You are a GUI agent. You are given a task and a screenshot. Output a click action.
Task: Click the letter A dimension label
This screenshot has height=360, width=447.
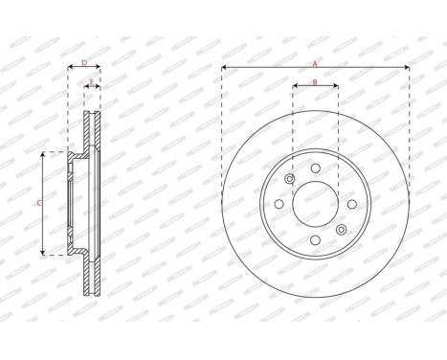point(315,62)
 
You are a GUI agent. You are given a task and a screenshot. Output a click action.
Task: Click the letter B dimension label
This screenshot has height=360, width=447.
point(315,82)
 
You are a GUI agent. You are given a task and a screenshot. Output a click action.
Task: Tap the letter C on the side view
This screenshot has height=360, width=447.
point(38,203)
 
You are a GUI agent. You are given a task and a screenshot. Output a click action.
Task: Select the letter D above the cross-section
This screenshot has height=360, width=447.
point(84,63)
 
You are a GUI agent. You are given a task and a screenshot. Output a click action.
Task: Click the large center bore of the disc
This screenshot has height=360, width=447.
point(315,203)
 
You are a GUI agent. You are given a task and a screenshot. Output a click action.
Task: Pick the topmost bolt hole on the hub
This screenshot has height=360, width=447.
point(315,169)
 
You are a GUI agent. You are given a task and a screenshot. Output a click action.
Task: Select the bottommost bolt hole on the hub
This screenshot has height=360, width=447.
point(315,238)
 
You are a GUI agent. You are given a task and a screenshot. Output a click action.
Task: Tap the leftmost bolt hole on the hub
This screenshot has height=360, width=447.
point(279,204)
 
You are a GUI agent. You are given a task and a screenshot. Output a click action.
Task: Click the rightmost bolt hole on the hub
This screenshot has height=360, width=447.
point(350,204)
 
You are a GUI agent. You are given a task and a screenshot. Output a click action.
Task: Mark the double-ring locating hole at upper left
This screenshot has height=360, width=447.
point(290,179)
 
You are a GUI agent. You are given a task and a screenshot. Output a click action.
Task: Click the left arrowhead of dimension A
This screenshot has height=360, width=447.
point(224,68)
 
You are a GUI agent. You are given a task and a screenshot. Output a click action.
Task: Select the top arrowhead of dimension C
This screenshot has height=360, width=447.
point(44,154)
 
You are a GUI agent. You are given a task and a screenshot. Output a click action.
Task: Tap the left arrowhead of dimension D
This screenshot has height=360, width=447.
point(71,69)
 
